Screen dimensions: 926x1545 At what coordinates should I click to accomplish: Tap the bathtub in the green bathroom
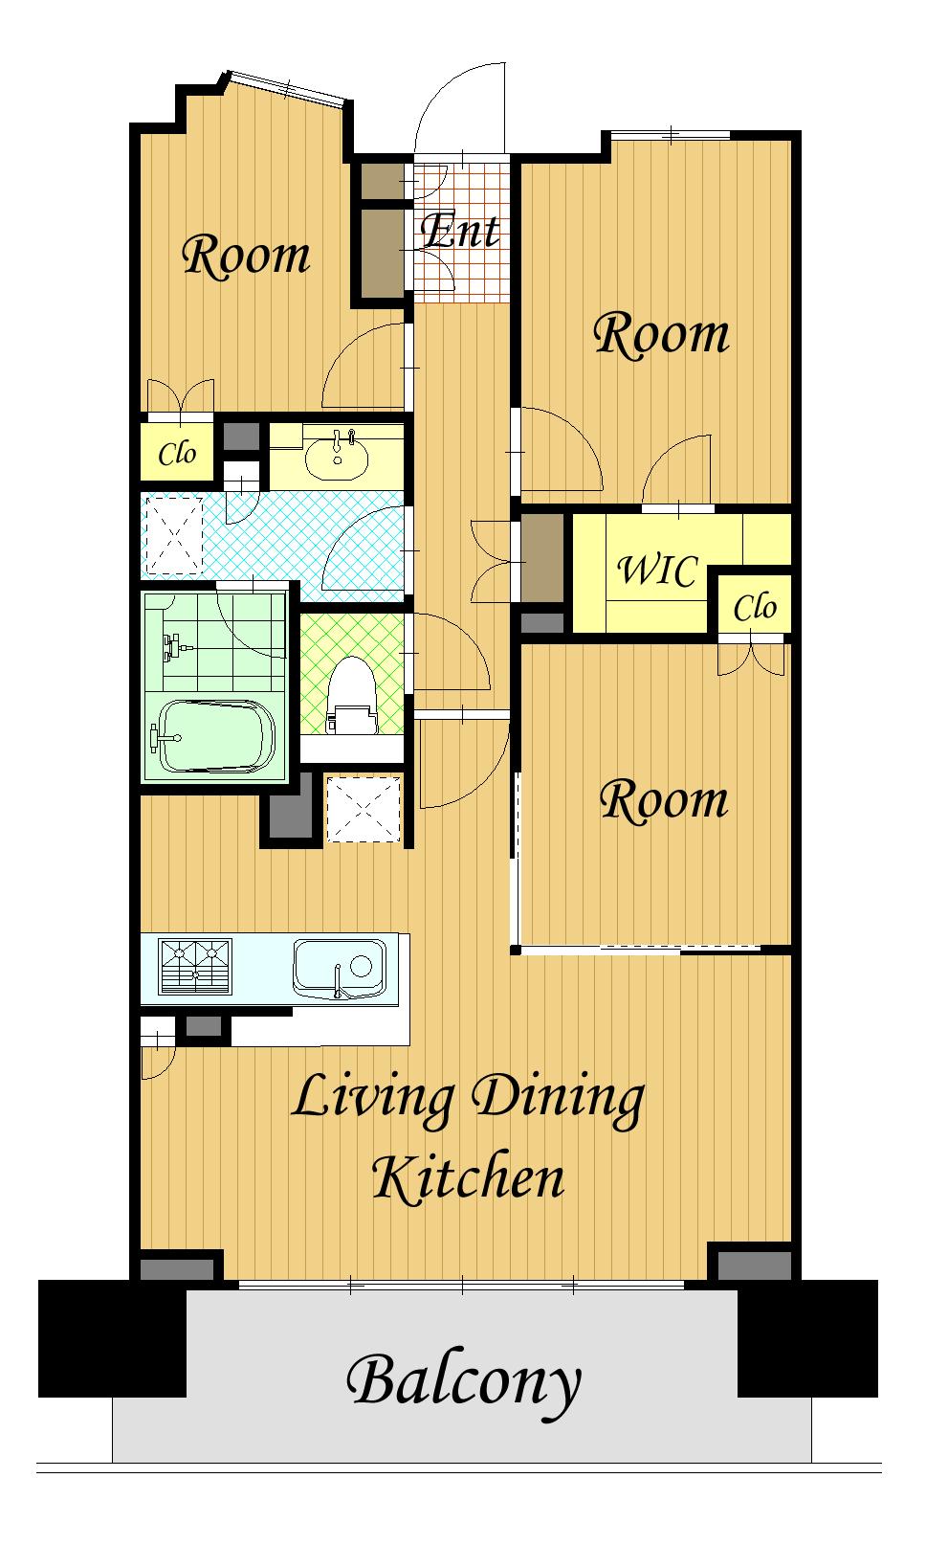click(216, 737)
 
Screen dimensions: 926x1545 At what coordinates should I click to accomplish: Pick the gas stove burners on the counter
click(195, 966)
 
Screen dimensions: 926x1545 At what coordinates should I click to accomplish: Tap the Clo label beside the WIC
click(755, 609)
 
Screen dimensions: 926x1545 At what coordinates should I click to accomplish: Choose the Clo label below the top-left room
click(177, 453)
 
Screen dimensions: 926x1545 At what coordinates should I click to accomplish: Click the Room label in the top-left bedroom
click(246, 256)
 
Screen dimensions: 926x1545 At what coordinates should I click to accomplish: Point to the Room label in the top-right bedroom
click(661, 335)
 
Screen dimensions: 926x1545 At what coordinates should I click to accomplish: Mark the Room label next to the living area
click(664, 801)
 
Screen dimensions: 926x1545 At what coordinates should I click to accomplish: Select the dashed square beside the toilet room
click(364, 809)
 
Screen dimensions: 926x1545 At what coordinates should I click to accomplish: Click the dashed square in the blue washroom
click(171, 536)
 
